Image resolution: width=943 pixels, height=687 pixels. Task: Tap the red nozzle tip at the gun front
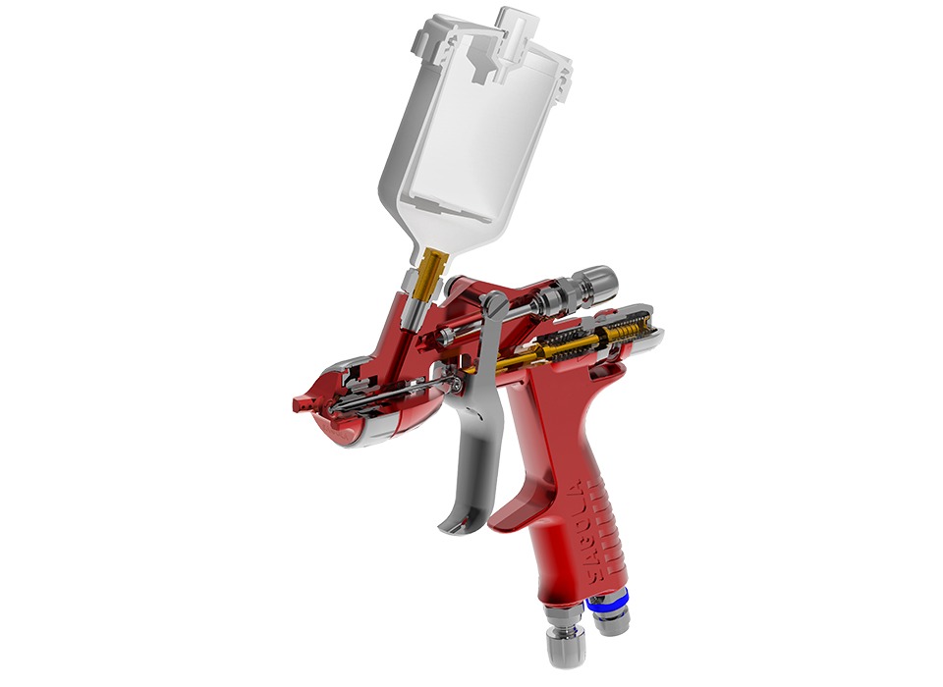(x=303, y=401)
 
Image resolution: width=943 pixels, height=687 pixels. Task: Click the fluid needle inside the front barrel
(x=383, y=396)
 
